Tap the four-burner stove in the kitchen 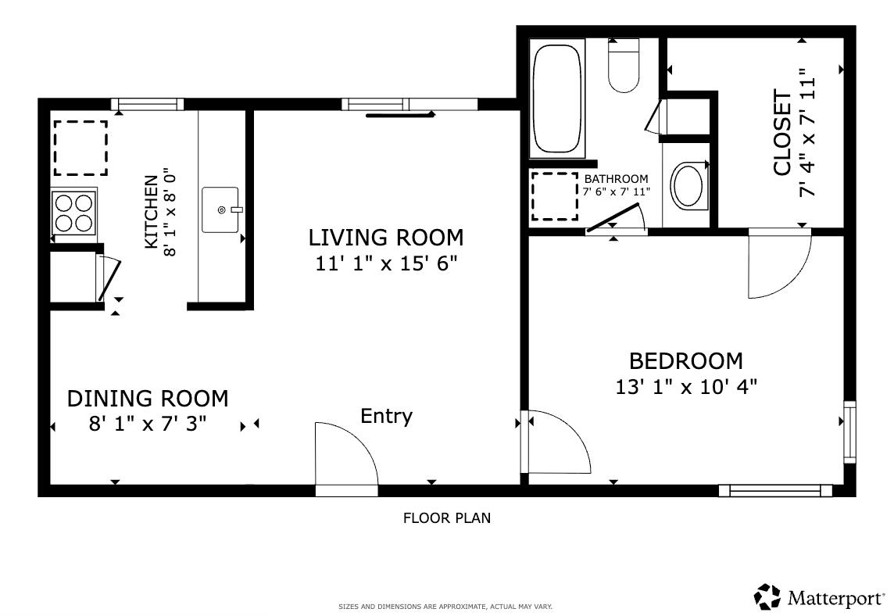(74, 213)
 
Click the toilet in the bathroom (624, 66)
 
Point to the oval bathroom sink (688, 185)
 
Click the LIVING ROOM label (385, 237)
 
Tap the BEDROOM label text (685, 361)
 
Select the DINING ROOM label (148, 399)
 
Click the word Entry (386, 416)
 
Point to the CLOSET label (782, 133)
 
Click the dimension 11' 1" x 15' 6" (385, 263)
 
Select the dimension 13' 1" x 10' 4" (685, 386)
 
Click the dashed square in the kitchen (80, 148)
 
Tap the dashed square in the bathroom (555, 196)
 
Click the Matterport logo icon (767, 596)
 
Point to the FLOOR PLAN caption (446, 518)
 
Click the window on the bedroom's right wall (849, 432)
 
